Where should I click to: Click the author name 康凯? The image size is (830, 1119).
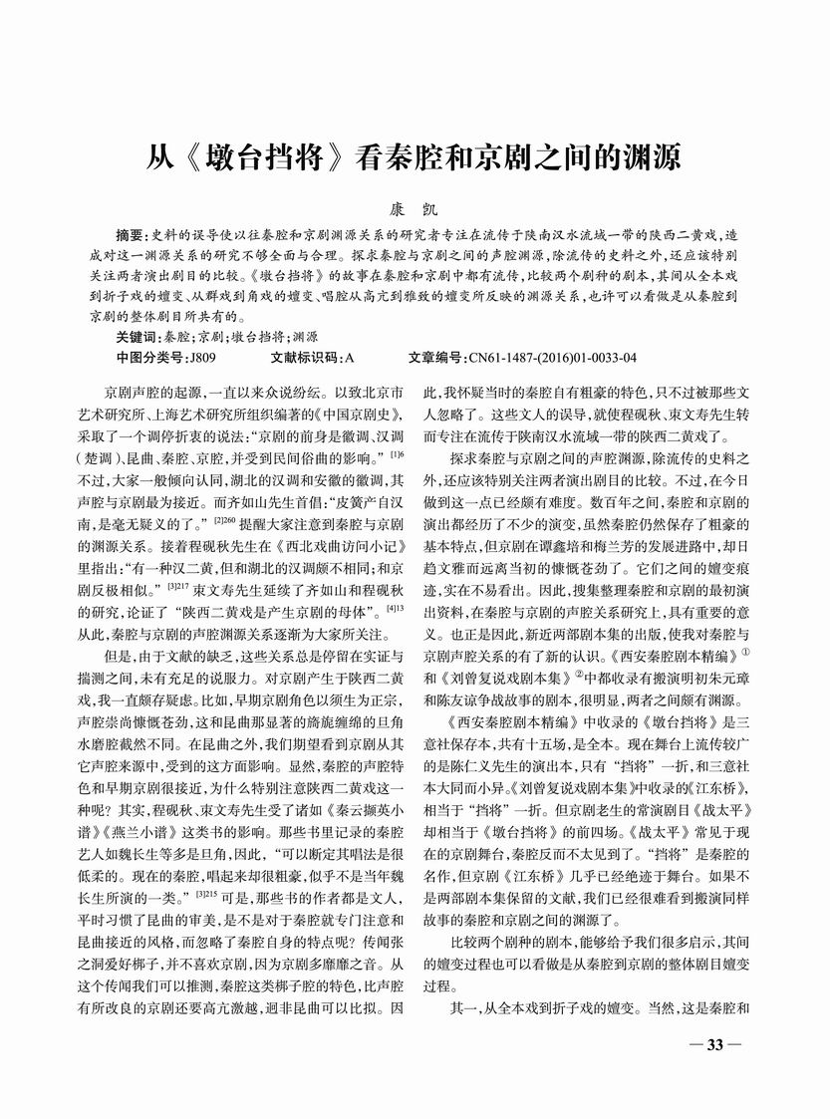click(x=415, y=208)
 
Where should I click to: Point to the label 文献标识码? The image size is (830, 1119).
click(x=303, y=357)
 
